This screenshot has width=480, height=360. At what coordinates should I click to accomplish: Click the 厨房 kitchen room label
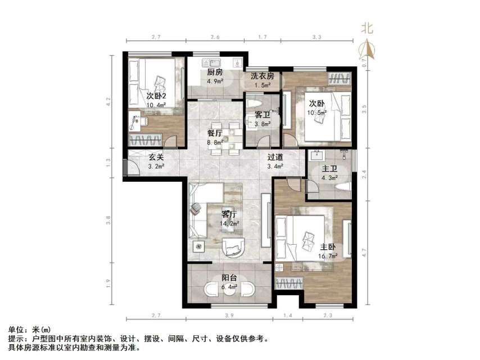[x=215, y=73]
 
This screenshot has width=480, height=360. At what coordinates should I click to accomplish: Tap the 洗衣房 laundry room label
[x=262, y=76]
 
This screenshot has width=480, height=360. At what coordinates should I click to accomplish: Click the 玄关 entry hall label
[x=156, y=157]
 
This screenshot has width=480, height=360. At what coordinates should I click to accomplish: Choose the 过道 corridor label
[x=275, y=157]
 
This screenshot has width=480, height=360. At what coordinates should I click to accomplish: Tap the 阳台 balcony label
[x=229, y=277]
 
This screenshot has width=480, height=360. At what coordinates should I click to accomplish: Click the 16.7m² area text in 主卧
[x=329, y=256]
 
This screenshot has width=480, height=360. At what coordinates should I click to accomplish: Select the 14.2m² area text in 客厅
[x=230, y=223]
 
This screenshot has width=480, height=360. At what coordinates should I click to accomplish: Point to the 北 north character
[x=367, y=28]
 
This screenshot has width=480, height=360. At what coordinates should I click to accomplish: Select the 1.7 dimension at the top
[x=262, y=37]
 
